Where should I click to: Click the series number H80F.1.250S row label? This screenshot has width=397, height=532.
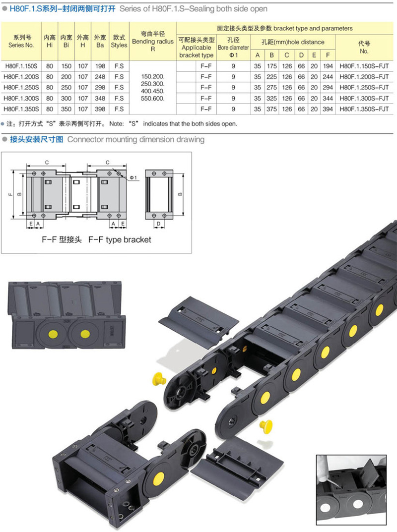pos(21,88)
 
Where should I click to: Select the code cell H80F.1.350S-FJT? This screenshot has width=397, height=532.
pos(364,109)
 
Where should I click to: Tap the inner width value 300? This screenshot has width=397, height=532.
pos(66,98)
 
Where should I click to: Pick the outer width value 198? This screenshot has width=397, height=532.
pos(100,66)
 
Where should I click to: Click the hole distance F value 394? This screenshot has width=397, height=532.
pos(328,109)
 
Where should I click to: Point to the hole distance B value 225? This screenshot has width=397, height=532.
pos(271,77)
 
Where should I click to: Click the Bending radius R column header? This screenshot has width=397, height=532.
pos(153,41)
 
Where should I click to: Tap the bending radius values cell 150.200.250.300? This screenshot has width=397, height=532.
pos(153,88)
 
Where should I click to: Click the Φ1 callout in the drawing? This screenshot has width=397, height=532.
pos(133,178)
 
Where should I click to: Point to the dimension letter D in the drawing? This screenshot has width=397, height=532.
pos(158,224)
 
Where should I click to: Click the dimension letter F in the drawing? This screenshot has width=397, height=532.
pos(10,194)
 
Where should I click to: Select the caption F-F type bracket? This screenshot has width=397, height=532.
pos(120,239)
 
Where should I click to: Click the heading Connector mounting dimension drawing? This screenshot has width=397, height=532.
pos(136,139)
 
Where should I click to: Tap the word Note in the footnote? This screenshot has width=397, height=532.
pos(116,124)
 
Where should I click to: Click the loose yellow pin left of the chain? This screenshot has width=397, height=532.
pos(159,378)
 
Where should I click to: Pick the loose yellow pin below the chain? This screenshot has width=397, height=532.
pos(266,425)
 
